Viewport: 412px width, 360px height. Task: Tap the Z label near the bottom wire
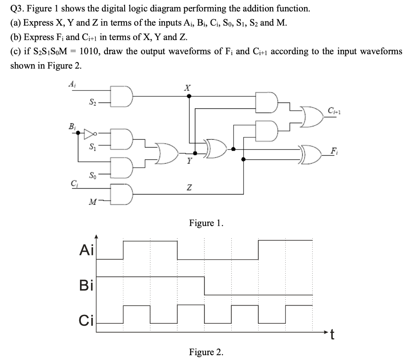tap(189, 188)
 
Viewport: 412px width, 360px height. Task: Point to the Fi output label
tap(334, 152)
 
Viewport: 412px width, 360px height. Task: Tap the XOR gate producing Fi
tap(311, 155)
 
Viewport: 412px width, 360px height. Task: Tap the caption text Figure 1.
tap(206, 223)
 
